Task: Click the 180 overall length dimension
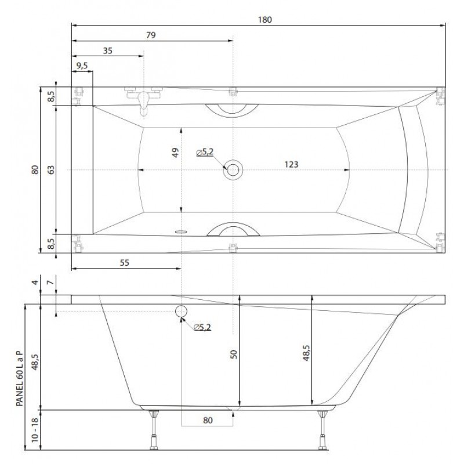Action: pyautogui.click(x=264, y=20)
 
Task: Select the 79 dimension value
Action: pyautogui.click(x=151, y=35)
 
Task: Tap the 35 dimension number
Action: pyautogui.click(x=108, y=51)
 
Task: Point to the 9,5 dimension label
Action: pyautogui.click(x=82, y=66)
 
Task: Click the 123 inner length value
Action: pyautogui.click(x=291, y=164)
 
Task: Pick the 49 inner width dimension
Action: pyautogui.click(x=175, y=153)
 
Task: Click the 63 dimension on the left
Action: pyautogui.click(x=51, y=169)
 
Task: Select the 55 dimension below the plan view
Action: pyautogui.click(x=125, y=263)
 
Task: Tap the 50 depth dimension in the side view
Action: pyautogui.click(x=234, y=354)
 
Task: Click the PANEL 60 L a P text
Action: pyautogui.click(x=20, y=378)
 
